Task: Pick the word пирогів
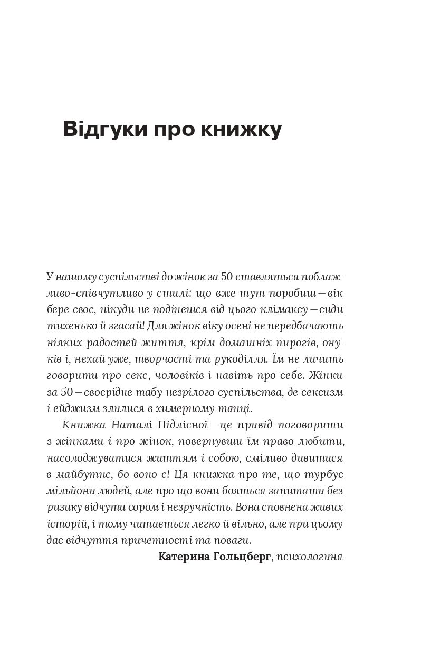(x=294, y=343)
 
